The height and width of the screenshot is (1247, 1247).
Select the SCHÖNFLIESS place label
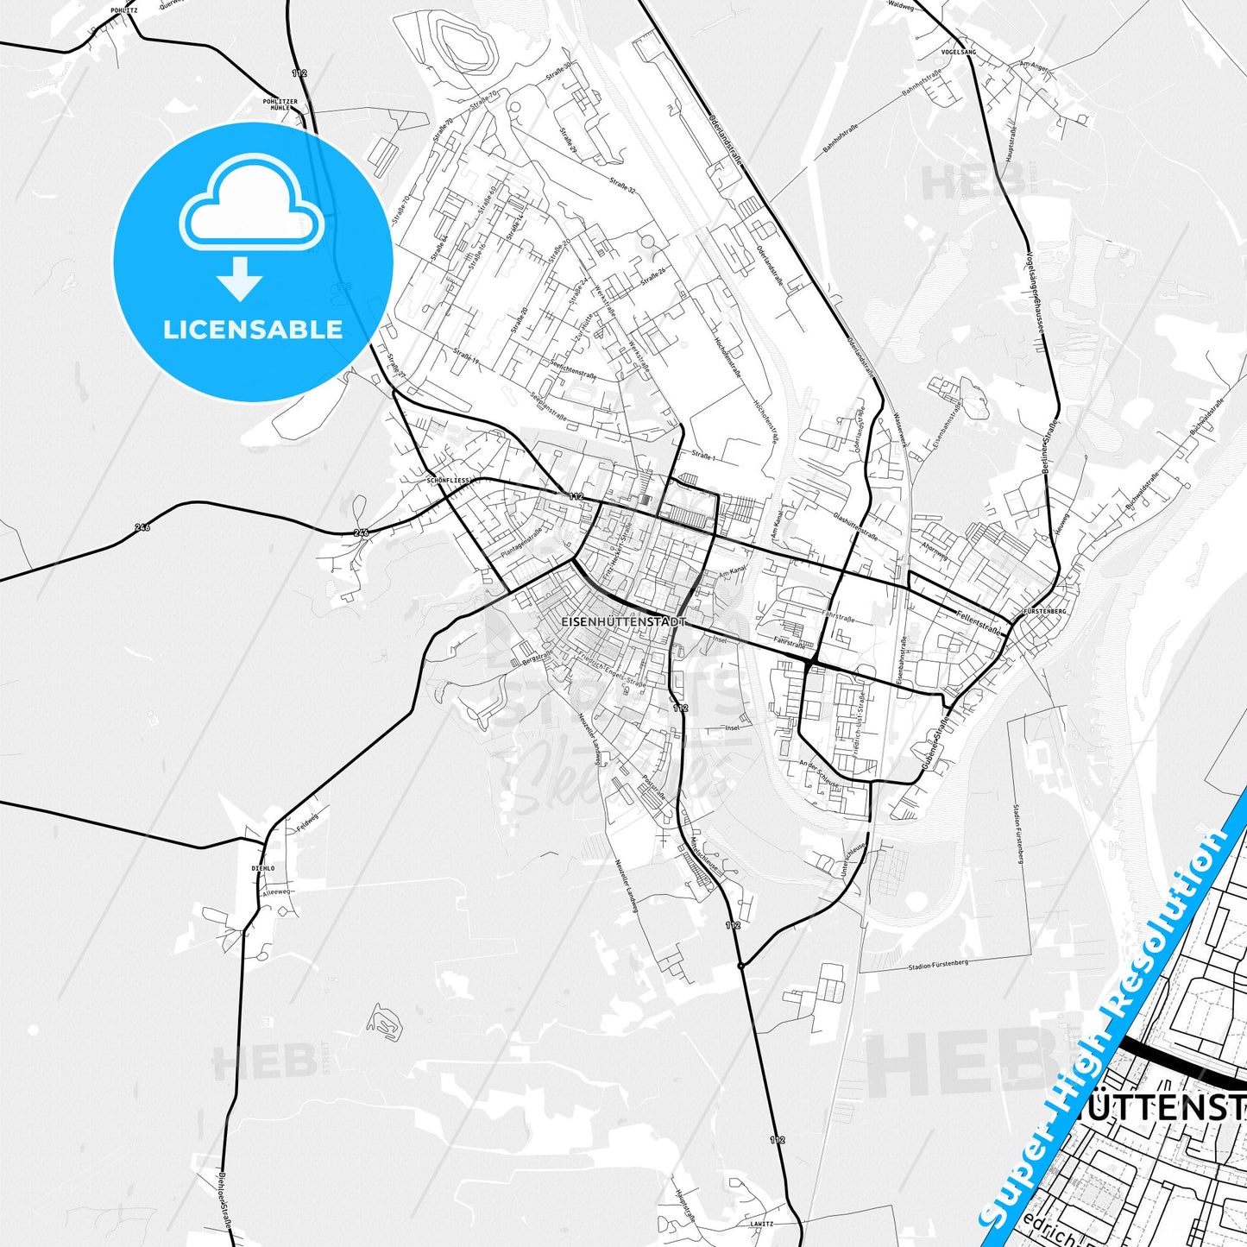click(x=448, y=480)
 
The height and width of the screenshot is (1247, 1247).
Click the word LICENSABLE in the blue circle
click(x=253, y=329)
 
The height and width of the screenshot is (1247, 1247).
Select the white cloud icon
click(x=251, y=207)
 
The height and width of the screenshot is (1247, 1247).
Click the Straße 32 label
click(x=621, y=185)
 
